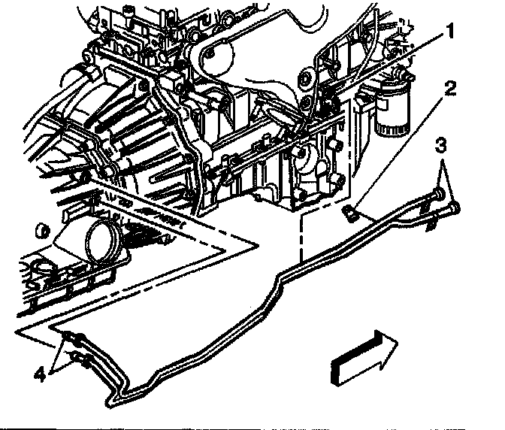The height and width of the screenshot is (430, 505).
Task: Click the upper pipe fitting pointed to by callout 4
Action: pos(70,335)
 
